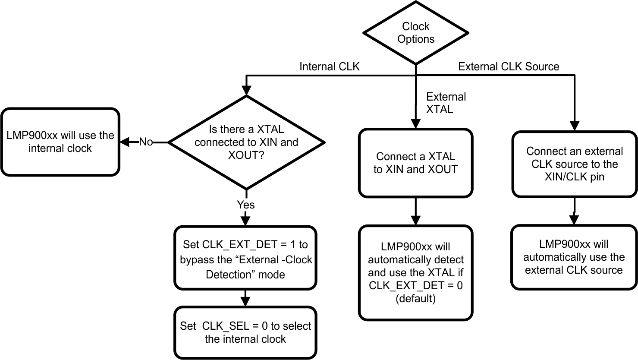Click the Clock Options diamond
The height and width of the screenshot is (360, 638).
pos(416,33)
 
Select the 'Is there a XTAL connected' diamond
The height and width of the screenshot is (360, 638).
pos(246,142)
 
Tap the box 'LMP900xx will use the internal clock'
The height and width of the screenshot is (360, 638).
pos(60,142)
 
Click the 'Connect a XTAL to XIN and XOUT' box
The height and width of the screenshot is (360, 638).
pos(415,163)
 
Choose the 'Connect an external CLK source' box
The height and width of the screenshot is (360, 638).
pos(574,164)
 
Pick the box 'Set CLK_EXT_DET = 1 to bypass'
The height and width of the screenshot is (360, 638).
pos(245,257)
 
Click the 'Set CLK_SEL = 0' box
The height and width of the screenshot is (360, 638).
pos(245,332)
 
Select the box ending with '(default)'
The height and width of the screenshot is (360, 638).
pos(415,273)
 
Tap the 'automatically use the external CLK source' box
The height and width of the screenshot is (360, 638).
pos(574,257)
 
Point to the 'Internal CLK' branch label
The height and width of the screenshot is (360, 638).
pos(329,66)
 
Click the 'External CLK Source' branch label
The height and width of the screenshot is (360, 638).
pos(508,66)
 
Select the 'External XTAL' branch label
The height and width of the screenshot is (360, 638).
pos(446,103)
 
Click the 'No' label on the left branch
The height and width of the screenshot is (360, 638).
pos(146,142)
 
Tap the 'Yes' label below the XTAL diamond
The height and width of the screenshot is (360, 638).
pos(246,205)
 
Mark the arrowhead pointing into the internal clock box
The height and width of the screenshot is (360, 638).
pos(124,142)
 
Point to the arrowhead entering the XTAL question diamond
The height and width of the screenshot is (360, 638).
pos(246,91)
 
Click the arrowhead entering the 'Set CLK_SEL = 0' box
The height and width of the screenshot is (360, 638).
pos(245,302)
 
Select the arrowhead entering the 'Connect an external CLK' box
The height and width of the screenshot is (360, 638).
pos(574,126)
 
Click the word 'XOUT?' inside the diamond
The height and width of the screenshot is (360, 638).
pos(246,155)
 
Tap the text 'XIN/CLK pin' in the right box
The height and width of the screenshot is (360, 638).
pos(574,177)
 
